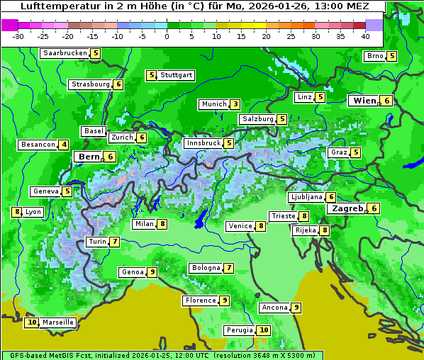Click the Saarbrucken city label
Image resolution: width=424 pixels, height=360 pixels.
click(65, 53)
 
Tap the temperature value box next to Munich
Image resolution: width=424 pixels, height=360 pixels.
click(235, 104)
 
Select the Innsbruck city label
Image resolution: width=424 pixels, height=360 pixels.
click(203, 143)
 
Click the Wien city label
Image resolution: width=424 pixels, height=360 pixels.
click(364, 101)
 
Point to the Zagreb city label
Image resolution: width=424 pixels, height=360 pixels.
click(347, 208)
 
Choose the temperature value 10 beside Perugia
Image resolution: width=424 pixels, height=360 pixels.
click(264, 330)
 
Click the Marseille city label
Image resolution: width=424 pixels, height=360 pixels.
click(58, 322)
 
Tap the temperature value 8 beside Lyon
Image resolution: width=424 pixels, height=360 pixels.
click(17, 212)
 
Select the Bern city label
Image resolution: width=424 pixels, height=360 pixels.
click(89, 157)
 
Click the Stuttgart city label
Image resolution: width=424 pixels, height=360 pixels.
click(176, 75)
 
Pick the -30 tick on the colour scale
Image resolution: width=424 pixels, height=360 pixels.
click(18, 35)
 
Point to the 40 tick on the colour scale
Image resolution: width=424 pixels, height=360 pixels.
click(365, 35)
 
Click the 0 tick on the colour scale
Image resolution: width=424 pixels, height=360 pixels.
click(167, 35)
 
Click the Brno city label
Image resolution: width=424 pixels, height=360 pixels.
click(374, 56)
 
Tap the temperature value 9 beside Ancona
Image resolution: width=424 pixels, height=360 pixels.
click(296, 308)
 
